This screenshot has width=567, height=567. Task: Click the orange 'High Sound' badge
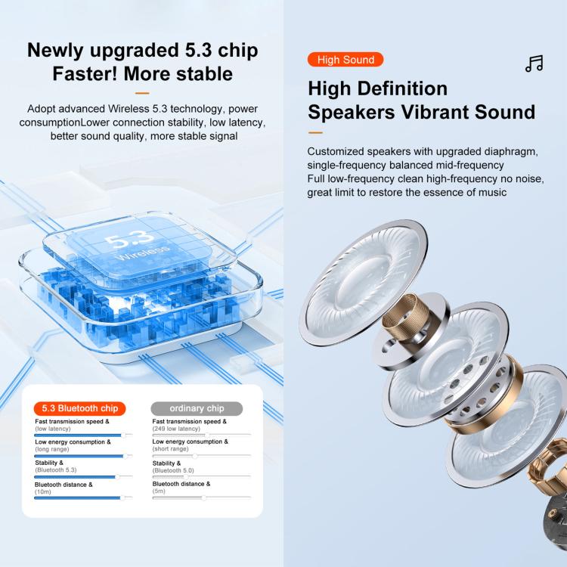[x=345, y=60]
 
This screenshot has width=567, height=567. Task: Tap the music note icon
[x=534, y=64]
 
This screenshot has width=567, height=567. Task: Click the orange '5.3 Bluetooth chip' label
[x=79, y=408]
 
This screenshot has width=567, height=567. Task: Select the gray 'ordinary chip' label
[x=197, y=408]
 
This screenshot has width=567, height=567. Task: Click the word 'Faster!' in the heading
[x=85, y=74]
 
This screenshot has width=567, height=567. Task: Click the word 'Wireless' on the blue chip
[x=142, y=253]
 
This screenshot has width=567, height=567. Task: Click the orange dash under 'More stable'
[x=142, y=93]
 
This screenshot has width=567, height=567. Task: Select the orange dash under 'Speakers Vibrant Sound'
[x=315, y=133]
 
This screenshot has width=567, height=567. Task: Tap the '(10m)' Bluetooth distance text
[x=43, y=492]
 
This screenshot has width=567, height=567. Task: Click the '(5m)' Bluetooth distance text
[x=159, y=491]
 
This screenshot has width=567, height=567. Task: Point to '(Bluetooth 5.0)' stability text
[x=173, y=470]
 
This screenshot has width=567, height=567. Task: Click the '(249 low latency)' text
[x=176, y=429]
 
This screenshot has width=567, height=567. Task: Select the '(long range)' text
[x=52, y=449]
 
